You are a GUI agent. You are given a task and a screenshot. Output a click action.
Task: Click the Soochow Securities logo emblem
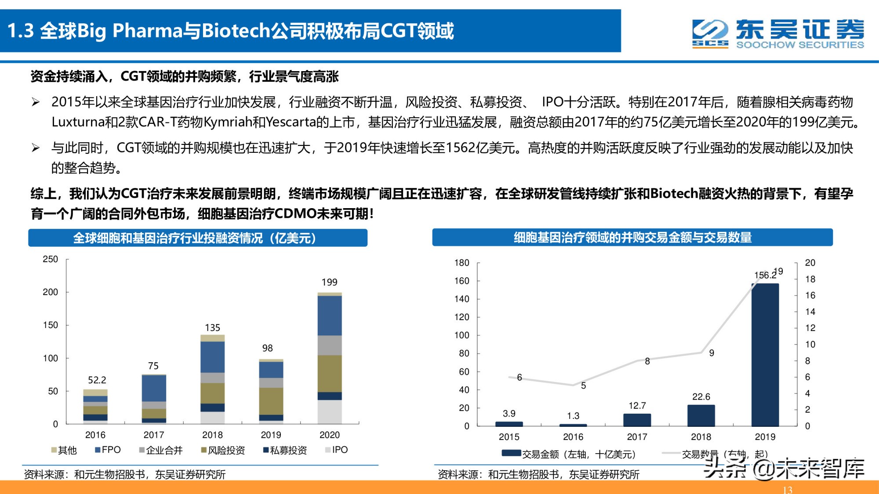710,33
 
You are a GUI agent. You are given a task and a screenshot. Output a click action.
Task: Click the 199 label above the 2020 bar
329,282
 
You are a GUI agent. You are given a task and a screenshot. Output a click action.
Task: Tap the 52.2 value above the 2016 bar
97,380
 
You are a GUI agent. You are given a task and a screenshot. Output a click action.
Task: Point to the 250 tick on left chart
50,259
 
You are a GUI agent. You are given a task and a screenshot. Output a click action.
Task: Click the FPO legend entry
108,450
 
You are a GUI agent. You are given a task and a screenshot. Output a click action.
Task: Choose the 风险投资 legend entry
223,450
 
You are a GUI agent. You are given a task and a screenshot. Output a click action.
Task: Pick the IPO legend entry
336,450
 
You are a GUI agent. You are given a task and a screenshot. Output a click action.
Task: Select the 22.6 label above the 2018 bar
701,397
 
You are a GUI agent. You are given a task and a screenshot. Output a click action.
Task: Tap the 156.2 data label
765,275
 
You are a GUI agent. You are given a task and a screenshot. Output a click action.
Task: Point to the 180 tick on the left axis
461,263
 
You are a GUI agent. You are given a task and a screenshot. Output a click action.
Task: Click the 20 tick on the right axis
810,263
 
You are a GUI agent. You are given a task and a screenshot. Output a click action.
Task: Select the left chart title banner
198,238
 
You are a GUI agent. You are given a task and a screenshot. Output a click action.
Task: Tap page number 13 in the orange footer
787,490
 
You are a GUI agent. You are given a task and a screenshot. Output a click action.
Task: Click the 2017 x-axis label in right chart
637,437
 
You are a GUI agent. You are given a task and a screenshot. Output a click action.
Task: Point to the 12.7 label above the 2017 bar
637,406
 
